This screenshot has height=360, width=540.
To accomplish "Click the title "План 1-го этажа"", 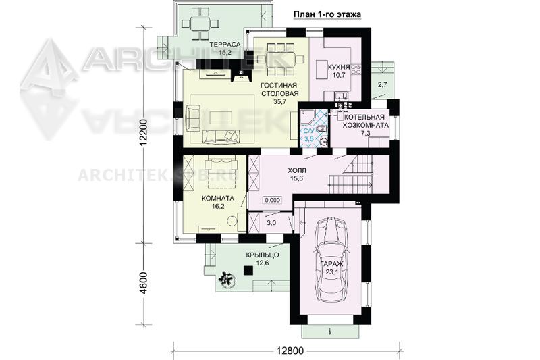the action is [327, 14].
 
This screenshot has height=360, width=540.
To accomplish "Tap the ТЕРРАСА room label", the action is [224, 45].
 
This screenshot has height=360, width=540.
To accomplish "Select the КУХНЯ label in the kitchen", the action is [340, 67].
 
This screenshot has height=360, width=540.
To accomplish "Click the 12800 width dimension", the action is [290, 351].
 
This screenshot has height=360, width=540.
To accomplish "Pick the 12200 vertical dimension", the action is [144, 133].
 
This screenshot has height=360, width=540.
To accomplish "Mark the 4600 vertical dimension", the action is [144, 283].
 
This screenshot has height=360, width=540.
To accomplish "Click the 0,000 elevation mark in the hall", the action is [273, 200].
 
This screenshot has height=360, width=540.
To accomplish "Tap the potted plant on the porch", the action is [227, 278].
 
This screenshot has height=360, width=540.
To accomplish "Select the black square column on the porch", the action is [248, 270].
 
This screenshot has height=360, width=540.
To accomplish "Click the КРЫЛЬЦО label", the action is [263, 255].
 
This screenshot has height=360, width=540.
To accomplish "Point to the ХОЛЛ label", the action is [296, 170].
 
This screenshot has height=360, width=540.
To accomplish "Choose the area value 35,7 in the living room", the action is [279, 101].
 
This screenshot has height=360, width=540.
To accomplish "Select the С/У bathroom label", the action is [308, 131].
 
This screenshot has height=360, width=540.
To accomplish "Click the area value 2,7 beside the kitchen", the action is [383, 84].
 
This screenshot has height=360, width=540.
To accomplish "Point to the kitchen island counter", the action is [322, 71].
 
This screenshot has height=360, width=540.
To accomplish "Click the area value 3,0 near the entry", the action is [271, 222].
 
